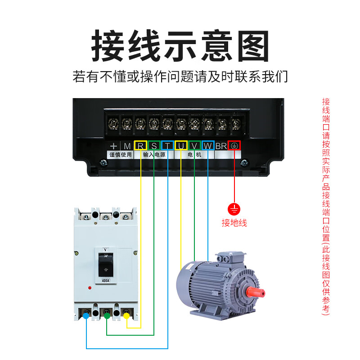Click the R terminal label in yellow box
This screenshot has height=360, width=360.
140,145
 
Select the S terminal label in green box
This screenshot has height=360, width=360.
154,145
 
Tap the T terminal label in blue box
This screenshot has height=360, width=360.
167,145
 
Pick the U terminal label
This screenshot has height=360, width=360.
181,145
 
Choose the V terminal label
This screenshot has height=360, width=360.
194,145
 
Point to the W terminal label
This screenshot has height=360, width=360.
208,145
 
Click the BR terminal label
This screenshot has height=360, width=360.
221,145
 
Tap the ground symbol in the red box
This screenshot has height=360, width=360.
234,145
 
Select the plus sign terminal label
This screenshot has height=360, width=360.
113,146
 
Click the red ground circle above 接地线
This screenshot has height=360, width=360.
234,209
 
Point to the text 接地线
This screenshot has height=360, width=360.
234,223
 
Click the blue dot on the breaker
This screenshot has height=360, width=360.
86,316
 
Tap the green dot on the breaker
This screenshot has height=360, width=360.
107,316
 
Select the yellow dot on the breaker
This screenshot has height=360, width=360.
126,316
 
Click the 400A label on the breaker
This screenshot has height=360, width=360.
105,281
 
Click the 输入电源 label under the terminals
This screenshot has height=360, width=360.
154,154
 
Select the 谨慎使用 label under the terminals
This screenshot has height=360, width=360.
120,154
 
